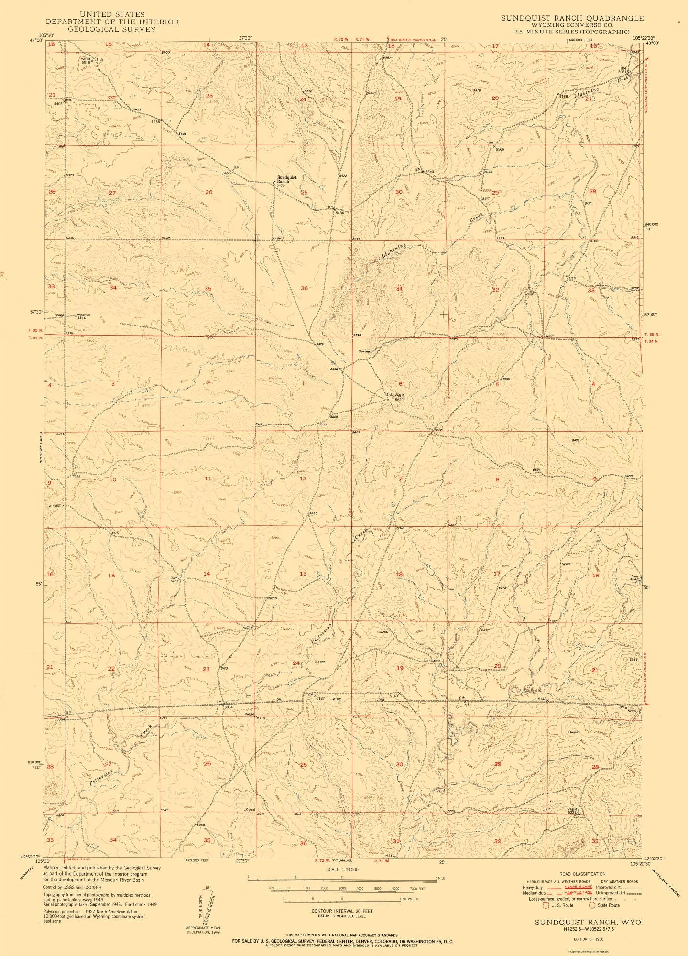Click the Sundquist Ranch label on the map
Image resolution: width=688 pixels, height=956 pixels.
pos(287,179)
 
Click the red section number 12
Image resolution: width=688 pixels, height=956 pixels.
pos(303,478)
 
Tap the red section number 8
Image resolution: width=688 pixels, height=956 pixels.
pos(497,479)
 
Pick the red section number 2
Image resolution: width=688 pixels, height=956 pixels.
pos(208,383)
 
